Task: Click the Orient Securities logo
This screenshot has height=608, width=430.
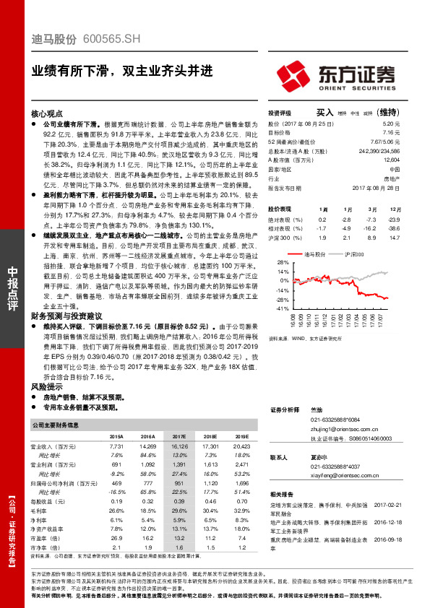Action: pyautogui.click(x=337, y=76)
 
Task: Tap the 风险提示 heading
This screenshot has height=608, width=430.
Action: pyautogui.click(x=46, y=387)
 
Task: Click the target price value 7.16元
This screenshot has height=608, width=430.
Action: pyautogui.click(x=391, y=133)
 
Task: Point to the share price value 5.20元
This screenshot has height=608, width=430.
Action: pyautogui.click(x=391, y=124)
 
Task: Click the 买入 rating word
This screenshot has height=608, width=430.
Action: pyautogui.click(x=324, y=113)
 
